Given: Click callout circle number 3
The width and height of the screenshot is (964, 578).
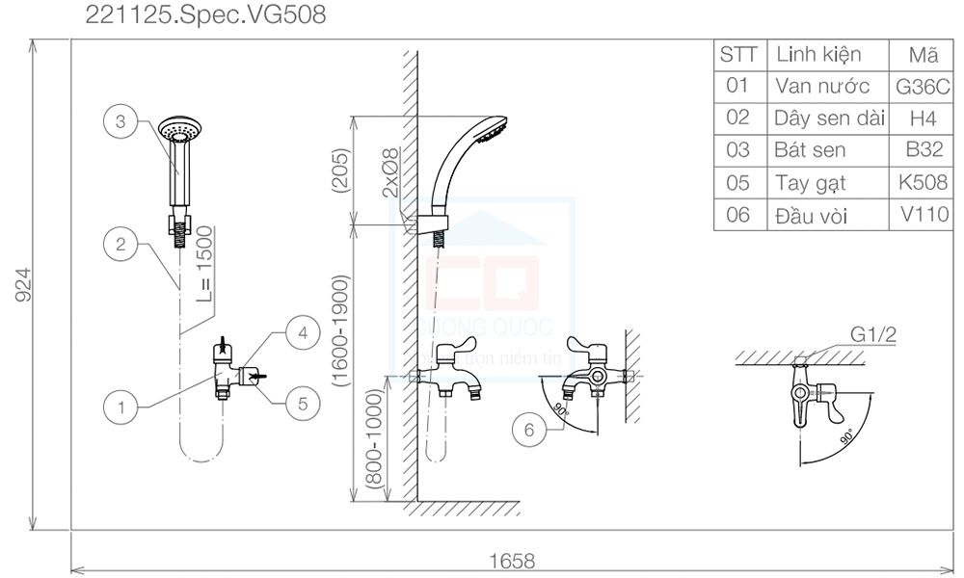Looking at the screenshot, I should tap(120, 122).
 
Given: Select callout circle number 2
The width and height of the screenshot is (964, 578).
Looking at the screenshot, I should tap(120, 244).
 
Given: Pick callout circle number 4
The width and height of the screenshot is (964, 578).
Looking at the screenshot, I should tap(302, 333).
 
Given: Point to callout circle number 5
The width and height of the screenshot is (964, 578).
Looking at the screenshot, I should tap(302, 404).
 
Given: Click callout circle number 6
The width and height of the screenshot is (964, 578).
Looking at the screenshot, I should tap(529, 431).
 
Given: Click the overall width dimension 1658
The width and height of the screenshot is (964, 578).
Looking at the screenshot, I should tap(512, 561).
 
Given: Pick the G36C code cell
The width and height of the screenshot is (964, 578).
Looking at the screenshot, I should tap(923, 85).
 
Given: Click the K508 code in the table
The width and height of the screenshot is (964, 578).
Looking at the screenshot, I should tap(923, 182).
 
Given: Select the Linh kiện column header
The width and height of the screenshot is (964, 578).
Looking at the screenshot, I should tap(818, 54).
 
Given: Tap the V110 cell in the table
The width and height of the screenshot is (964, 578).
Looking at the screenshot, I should tap(923, 214).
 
